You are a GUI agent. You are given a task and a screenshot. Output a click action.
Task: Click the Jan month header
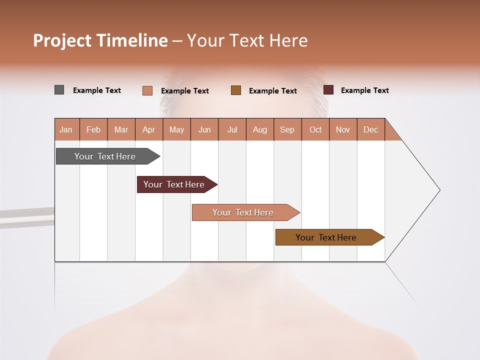66,129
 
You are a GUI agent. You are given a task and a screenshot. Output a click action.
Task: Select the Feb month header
93,129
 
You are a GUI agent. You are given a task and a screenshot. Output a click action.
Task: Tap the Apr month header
149,129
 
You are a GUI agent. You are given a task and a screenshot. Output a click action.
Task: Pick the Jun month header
204,129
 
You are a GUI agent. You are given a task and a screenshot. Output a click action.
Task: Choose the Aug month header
260,129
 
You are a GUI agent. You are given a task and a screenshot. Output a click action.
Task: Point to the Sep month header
287,129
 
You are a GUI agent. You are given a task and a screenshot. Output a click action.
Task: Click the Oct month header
315,129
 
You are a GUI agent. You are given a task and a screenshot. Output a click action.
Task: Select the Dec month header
371,129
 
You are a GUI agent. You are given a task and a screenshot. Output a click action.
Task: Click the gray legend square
59,90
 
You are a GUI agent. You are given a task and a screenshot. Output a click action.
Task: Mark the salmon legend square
147,90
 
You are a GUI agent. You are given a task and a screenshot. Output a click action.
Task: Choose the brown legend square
236,90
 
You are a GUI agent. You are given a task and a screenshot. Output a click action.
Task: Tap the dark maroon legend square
328,90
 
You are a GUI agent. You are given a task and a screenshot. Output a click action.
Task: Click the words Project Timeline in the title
100,40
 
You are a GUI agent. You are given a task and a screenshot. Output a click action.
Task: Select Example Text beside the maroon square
365,90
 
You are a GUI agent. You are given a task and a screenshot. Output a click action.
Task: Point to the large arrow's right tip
438,190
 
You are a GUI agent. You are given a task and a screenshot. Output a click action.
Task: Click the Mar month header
121,129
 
